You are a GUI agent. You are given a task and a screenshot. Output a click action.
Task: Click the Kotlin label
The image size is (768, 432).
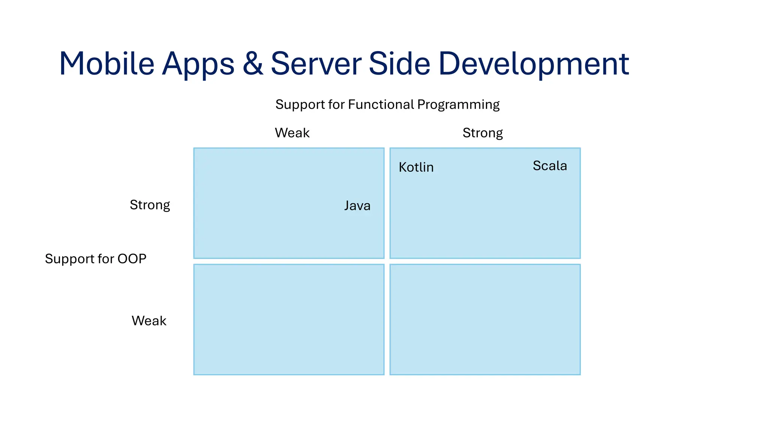pos(416,167)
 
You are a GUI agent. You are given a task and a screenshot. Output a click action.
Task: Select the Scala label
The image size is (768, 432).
pos(550,166)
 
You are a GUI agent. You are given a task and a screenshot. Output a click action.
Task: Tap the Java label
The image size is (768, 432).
pos(357,205)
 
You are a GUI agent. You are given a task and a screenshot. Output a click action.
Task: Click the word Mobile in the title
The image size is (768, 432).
pos(106,64)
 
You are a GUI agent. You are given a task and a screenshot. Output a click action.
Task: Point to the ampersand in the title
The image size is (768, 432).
pos(253,64)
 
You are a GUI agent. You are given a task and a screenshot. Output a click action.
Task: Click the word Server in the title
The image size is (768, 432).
pos(316,64)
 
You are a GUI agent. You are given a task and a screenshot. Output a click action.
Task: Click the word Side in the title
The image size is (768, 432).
pos(399,64)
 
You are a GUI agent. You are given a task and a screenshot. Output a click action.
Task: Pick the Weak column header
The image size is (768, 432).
pos(292,133)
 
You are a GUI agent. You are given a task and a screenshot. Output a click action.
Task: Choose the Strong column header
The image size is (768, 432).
pos(483,133)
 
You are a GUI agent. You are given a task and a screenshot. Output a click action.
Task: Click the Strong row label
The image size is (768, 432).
pos(150,205)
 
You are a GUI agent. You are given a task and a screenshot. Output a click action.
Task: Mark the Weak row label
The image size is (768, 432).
pos(149,321)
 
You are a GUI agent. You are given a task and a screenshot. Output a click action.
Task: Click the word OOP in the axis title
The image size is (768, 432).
pos(132,259)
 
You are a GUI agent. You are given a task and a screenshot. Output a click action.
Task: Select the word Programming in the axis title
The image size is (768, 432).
pos(458,105)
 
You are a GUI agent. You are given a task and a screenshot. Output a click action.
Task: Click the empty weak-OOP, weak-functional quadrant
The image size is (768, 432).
pos(289,319)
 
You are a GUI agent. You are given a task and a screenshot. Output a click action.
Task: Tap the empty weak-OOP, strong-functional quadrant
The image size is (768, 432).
pos(485,319)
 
